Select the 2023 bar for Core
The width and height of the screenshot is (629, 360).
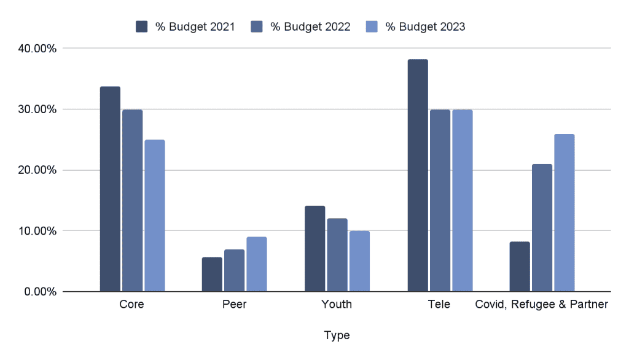tap(155, 216)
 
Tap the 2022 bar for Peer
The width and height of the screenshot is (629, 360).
tap(235, 270)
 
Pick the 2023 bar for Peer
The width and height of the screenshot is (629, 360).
tap(257, 264)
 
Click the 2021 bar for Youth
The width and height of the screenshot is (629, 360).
tap(314, 249)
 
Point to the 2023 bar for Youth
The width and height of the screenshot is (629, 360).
tap(359, 261)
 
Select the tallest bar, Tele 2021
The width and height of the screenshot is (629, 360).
tap(418, 176)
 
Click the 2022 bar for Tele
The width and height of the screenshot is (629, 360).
tap(440, 200)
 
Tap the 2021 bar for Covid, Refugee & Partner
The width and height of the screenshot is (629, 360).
tap(520, 267)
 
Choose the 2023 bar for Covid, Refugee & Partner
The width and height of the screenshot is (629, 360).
tap(565, 213)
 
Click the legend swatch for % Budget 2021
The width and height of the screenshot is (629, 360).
tap(142, 26)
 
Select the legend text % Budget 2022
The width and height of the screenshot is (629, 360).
tap(310, 26)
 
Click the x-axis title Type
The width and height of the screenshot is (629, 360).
tap(337, 335)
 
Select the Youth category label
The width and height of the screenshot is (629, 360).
tap(337, 304)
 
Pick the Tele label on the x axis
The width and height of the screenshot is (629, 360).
tap(439, 304)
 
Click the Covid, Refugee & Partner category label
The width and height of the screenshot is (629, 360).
tap(541, 304)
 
